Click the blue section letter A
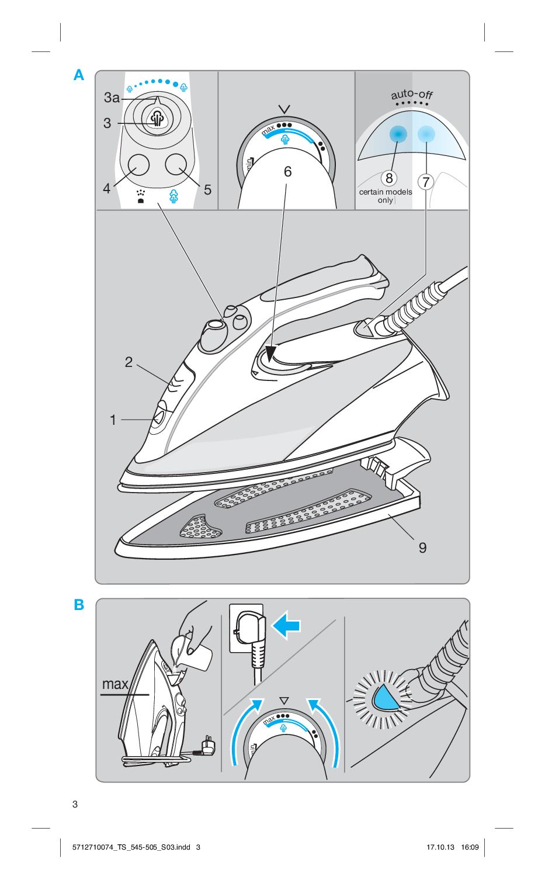point(78,75)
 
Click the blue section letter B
point(79,604)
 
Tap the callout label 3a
point(112,98)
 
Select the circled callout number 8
point(389,178)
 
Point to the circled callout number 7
point(426,182)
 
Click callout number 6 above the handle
point(288,172)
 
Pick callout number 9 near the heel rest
point(422,548)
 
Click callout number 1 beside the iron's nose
point(113,420)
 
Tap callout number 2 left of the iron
point(129,362)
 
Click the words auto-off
point(411,95)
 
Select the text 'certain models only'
point(386,196)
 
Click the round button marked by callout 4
point(139,165)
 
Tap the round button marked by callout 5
point(176,164)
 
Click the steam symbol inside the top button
point(157,119)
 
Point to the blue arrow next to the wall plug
point(286,625)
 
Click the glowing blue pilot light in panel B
point(386,698)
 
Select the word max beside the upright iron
point(115,684)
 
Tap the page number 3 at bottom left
point(75,804)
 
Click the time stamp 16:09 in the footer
point(470,847)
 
